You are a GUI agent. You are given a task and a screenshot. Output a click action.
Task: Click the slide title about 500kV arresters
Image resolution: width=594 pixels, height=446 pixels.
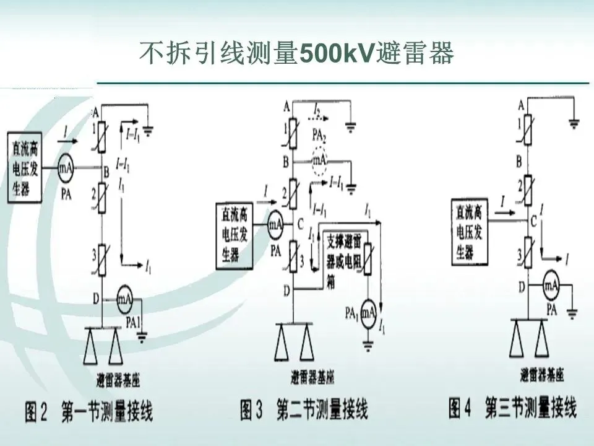click(x=297, y=54)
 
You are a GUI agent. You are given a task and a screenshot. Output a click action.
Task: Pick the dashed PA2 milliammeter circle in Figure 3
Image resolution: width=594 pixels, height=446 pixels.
click(x=319, y=159)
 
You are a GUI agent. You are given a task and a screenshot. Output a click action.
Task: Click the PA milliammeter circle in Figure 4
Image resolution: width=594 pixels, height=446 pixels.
click(x=551, y=286)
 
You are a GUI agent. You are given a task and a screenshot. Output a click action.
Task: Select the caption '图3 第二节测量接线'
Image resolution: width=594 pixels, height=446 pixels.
click(x=304, y=409)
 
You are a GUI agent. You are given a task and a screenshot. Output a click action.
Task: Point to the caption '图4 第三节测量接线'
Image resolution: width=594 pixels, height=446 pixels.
click(x=512, y=409)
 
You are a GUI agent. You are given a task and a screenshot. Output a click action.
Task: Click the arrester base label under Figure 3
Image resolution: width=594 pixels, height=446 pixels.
click(x=313, y=376)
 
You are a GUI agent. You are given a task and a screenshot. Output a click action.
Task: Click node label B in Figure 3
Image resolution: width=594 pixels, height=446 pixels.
click(x=286, y=162)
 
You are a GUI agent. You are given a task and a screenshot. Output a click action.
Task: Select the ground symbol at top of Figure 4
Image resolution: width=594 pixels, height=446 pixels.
click(x=574, y=124)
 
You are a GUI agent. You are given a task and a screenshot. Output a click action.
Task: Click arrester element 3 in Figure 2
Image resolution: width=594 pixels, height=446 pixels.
click(x=103, y=256)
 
